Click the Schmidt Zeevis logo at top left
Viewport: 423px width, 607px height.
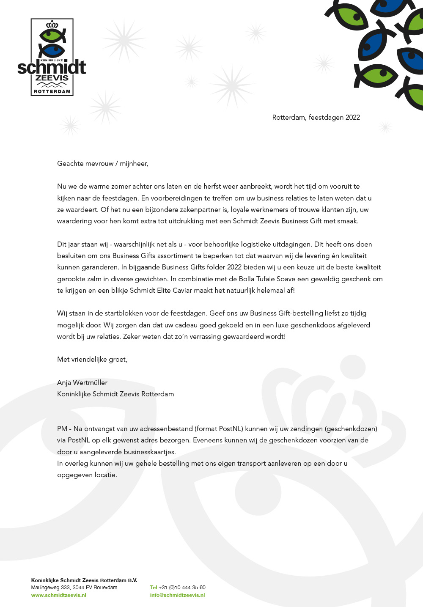(52, 57)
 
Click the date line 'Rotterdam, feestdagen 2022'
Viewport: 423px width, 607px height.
(316, 118)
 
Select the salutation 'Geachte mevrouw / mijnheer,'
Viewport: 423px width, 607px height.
(103, 164)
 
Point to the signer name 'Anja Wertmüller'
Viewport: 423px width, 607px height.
(82, 382)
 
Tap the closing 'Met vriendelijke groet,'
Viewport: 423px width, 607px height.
(92, 360)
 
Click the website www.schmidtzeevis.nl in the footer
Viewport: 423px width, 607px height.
(58, 595)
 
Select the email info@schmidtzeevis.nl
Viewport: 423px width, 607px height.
(177, 595)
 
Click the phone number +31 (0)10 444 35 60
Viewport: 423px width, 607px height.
(182, 588)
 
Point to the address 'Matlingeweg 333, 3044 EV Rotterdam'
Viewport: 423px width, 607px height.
(74, 588)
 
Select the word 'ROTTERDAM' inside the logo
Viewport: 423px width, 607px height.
(52, 91)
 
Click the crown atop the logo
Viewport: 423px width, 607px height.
(52, 25)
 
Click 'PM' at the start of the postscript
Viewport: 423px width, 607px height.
(62, 429)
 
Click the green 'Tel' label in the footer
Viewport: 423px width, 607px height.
(154, 588)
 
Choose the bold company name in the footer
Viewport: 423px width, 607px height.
(84, 580)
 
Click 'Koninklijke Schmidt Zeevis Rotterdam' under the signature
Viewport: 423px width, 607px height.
(115, 394)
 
